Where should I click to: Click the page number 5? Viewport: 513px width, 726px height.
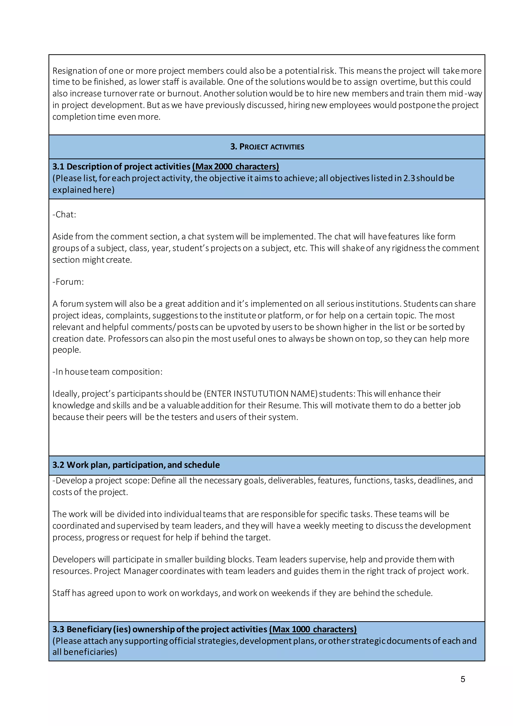462,679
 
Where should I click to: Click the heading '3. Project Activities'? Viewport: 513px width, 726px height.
267,147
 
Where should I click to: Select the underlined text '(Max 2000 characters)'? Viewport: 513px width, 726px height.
235,167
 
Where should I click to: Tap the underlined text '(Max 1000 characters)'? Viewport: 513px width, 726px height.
313,629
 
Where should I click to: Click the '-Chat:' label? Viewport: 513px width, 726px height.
64,214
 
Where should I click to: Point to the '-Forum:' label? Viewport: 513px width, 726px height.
68,282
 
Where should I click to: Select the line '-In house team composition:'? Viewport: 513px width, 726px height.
107,372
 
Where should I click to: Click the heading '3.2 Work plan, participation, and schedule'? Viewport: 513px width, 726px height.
136,465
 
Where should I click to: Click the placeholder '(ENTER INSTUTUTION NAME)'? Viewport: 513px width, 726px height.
260,394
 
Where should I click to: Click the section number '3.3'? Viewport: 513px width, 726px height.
58,629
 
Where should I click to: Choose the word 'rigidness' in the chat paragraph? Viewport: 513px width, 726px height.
409,248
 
